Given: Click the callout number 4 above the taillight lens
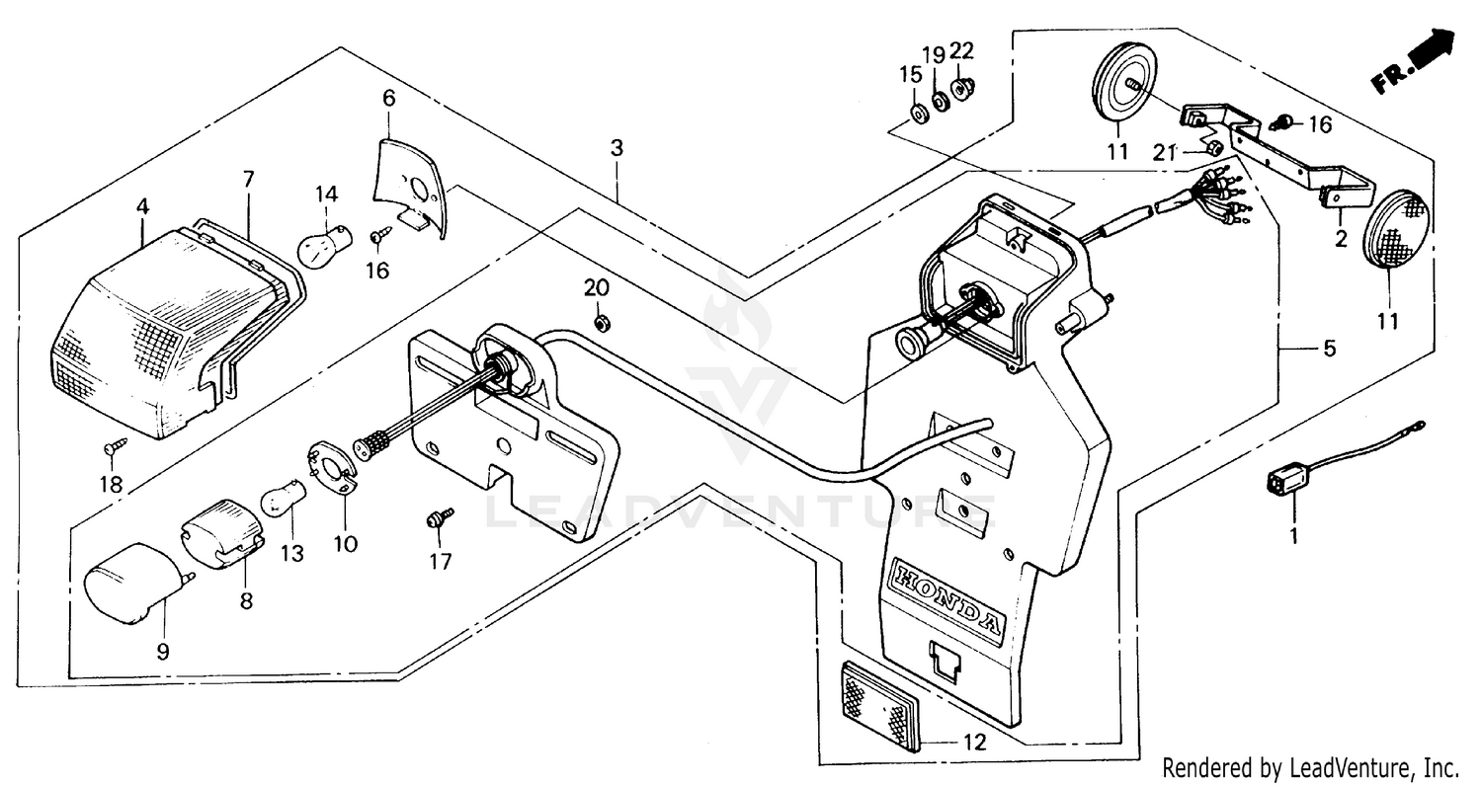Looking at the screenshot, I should click(143, 207).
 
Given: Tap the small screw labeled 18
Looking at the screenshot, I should click(112, 448).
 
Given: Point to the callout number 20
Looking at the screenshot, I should click(597, 288).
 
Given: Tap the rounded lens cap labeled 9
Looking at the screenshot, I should click(127, 582).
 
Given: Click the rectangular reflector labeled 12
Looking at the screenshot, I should click(878, 704).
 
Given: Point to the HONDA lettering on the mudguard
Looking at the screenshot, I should click(947, 596).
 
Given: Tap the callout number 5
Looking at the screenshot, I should click(1329, 349).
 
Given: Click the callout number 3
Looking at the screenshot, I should click(617, 149).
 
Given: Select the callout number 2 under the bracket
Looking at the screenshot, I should click(1342, 238).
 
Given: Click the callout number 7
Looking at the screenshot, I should click(248, 179).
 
